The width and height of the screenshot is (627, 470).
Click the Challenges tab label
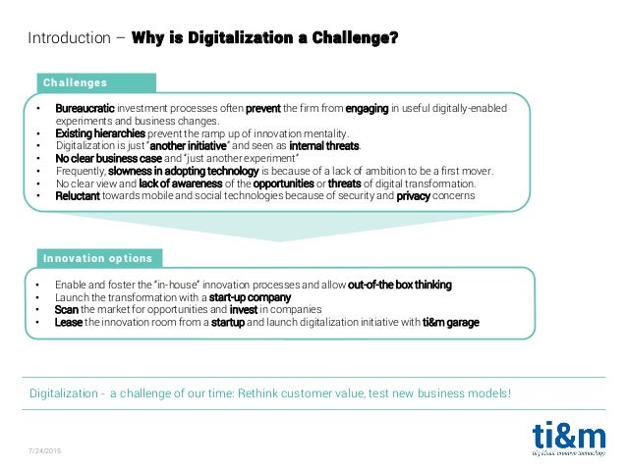(x=75, y=82)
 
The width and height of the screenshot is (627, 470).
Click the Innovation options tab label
(x=97, y=258)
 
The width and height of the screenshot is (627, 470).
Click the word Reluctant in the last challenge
(x=78, y=195)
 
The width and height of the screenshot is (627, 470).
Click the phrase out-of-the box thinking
(x=399, y=285)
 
